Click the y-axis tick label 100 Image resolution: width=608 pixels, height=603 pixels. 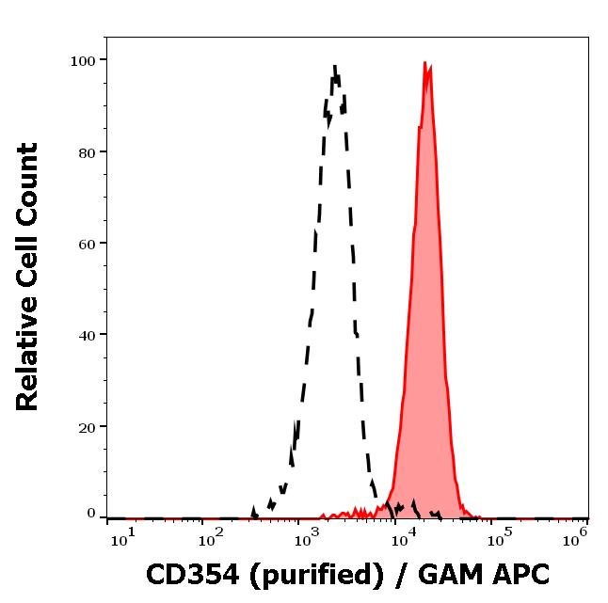[83, 60]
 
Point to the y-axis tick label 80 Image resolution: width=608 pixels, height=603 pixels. [87, 151]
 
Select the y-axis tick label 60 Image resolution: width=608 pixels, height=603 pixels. [87, 243]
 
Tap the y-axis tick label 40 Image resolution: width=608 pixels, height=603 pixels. [87, 334]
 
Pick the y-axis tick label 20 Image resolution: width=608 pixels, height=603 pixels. [87, 426]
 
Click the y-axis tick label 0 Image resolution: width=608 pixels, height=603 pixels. [91, 514]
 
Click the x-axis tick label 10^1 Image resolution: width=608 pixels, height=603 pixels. [122, 539]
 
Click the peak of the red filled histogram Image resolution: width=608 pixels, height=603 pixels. [425, 64]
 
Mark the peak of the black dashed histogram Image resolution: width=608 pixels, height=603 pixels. [335, 65]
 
